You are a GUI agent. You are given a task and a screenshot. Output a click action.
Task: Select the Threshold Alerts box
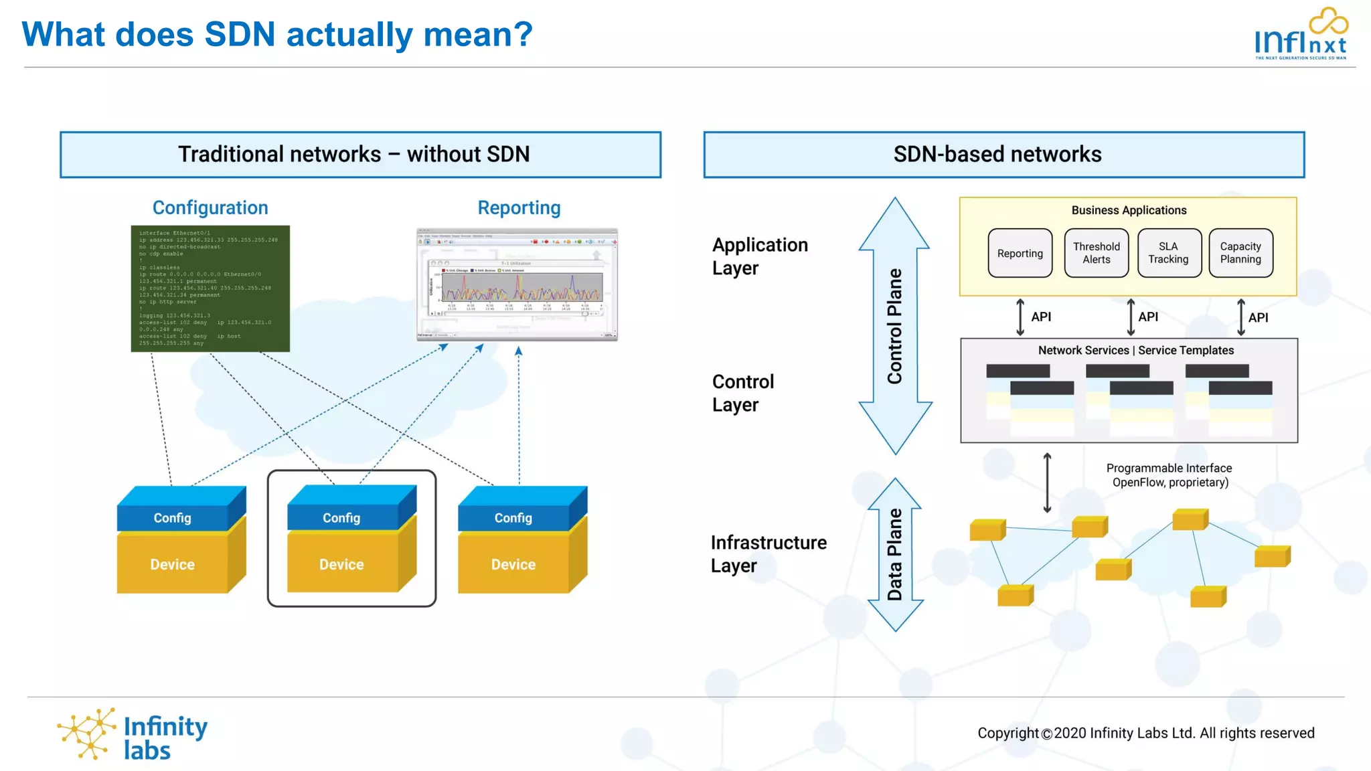[1096, 253]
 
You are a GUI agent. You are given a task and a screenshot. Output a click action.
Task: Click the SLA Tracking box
[1168, 253]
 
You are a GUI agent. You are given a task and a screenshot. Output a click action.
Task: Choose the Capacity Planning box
[1240, 253]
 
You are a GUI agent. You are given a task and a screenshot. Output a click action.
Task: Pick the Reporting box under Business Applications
[1020, 253]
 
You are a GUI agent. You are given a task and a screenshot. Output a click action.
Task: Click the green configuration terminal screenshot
[210, 288]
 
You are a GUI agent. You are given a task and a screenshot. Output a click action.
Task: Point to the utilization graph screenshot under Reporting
[517, 285]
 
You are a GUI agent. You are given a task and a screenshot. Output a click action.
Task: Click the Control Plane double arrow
[895, 326]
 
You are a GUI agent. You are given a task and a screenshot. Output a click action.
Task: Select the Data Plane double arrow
[895, 555]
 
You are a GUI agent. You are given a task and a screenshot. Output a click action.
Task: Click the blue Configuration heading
[210, 207]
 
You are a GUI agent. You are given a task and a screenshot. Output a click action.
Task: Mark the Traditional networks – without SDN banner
[360, 155]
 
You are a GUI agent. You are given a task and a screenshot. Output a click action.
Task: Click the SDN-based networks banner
[1003, 155]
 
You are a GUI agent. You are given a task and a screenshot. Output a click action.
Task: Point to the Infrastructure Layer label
[768, 553]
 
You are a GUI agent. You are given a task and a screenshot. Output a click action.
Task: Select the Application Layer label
[759, 256]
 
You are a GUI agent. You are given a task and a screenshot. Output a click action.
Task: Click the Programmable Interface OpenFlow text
[1169, 475]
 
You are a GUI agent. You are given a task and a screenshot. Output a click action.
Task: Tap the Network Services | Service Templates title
[1135, 350]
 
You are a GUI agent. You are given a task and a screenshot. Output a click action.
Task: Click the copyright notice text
[1145, 733]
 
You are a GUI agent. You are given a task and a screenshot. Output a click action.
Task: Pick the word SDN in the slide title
[240, 35]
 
